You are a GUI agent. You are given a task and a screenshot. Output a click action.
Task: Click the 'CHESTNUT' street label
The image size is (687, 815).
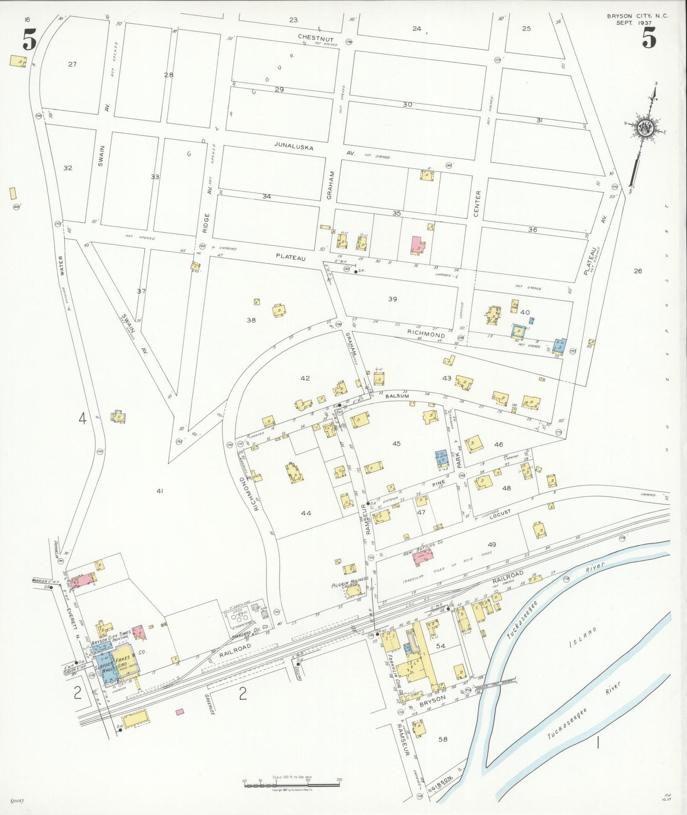(x=316, y=38)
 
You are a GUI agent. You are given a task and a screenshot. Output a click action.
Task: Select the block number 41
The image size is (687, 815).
(x=160, y=490)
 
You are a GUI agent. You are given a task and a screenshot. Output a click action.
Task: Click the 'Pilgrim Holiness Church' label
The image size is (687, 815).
(x=350, y=584)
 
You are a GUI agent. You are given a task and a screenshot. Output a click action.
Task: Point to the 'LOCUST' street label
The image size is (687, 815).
(x=500, y=513)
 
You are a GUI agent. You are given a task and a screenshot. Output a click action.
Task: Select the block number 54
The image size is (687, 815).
(x=441, y=646)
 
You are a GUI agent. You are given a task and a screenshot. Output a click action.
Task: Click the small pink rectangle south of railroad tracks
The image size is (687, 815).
(x=180, y=712)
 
